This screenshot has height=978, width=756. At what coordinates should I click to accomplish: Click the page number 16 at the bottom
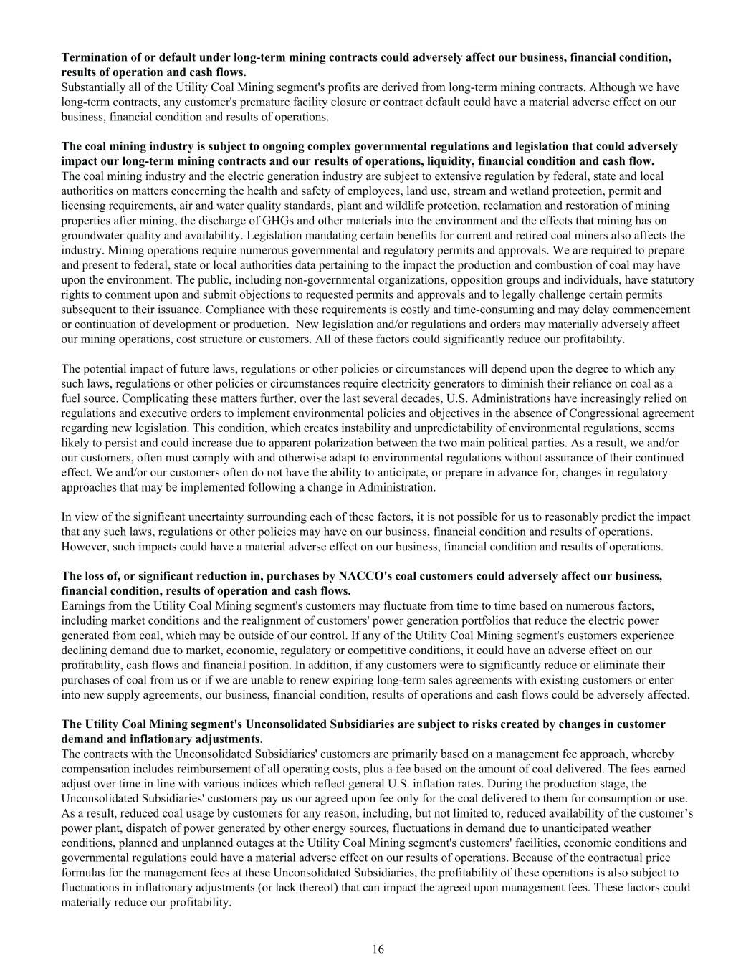pos(378,949)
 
